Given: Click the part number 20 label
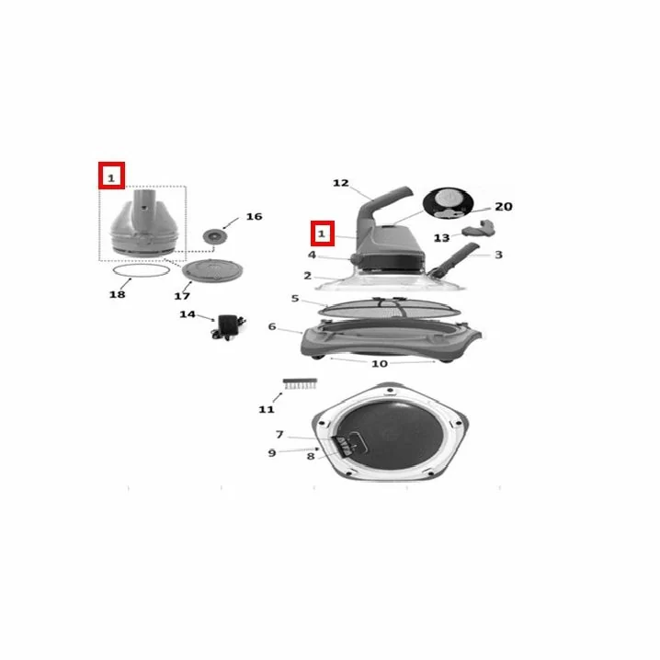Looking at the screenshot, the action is tap(504, 207).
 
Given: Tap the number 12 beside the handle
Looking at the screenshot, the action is tap(341, 183).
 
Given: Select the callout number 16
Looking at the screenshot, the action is tap(254, 217).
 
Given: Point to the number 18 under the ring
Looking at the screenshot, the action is tap(117, 294).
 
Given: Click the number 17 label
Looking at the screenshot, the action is tap(182, 296).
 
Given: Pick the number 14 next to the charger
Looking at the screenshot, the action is tap(188, 314).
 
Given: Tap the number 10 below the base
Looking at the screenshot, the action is tap(380, 364).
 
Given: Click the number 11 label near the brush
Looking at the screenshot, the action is tap(266, 409).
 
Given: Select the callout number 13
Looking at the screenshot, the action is tap(441, 238).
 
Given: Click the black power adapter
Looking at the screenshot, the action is tap(228, 327).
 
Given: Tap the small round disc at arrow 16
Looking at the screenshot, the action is tap(215, 235).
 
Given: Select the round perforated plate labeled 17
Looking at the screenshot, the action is tap(212, 270).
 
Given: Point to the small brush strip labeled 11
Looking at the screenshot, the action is tap(300, 383).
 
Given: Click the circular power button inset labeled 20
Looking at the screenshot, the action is tap(449, 204).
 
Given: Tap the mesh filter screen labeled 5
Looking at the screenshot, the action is tap(389, 308).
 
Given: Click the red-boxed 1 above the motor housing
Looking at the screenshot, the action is tap(111, 176).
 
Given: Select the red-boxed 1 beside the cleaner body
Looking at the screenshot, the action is tap(323, 233).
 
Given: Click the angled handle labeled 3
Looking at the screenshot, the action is tap(454, 259).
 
